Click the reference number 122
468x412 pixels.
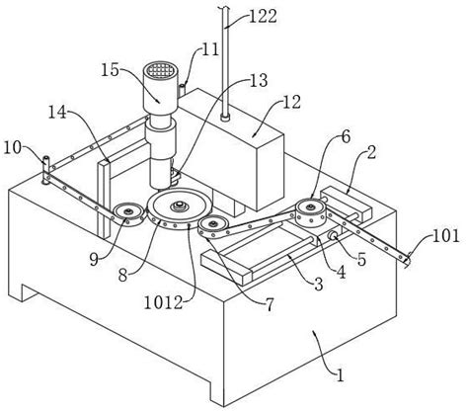point(263,17)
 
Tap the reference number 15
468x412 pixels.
point(110,70)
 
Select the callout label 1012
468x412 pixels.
point(163,302)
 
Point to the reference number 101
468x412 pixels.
point(445,236)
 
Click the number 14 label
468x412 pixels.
point(58,113)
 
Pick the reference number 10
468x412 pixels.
point(13,148)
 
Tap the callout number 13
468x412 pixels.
point(259,80)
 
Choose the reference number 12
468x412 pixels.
point(291,103)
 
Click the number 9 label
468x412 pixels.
point(94,260)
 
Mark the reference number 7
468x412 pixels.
point(270,305)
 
